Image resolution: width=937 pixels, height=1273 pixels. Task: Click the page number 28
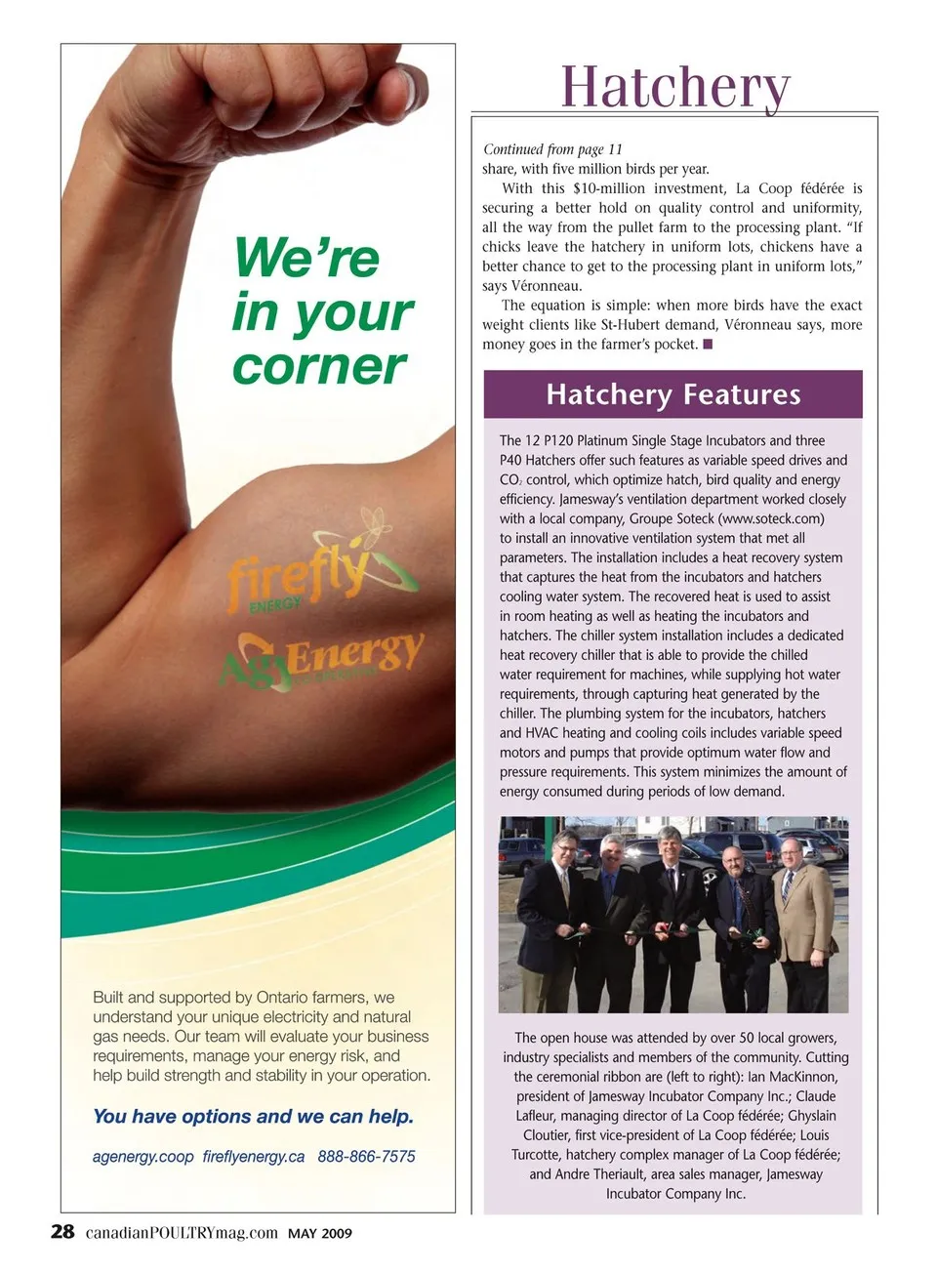click(62, 1231)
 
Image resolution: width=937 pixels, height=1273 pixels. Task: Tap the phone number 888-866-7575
click(366, 1157)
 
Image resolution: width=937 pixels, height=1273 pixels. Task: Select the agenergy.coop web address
click(143, 1157)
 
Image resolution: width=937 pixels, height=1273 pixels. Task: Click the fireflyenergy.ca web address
click(254, 1157)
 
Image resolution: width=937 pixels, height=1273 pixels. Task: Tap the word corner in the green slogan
click(318, 366)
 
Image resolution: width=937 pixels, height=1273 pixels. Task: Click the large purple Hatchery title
click(674, 87)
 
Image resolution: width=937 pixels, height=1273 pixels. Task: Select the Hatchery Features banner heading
click(672, 394)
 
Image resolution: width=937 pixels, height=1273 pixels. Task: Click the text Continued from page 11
click(552, 149)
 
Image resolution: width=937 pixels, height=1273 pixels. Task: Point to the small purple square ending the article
click(708, 344)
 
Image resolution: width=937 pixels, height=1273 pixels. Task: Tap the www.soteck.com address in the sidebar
click(771, 518)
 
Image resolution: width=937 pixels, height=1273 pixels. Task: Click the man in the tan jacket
click(802, 913)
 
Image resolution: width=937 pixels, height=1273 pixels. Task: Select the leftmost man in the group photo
click(553, 913)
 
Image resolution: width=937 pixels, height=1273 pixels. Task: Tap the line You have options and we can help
click(253, 1116)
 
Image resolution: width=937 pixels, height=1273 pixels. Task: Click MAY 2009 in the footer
click(320, 1233)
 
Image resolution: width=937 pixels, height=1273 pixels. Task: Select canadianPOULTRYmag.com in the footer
click(182, 1233)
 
